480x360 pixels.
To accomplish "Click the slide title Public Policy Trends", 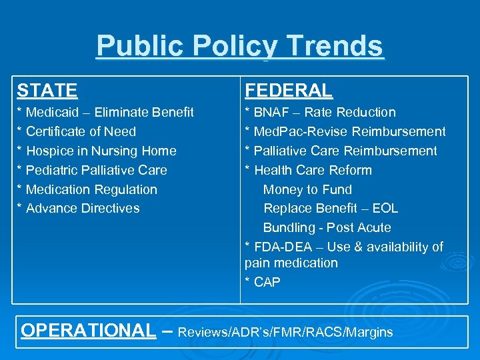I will point(240,47).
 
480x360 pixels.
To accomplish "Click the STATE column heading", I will point(47,90).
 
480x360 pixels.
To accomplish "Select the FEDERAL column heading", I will point(288,90).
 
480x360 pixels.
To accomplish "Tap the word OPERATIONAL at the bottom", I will point(88,331).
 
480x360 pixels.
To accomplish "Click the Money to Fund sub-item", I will point(307,189).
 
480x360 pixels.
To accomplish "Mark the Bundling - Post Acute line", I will point(327,227).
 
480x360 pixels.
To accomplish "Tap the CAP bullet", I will point(267,282).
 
